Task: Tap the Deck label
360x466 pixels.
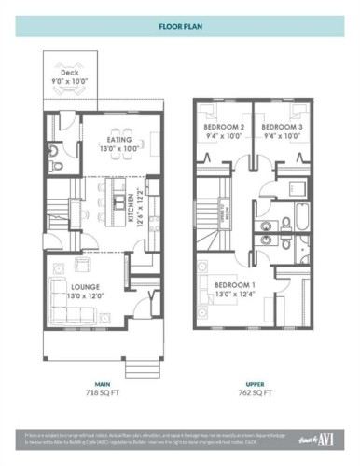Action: pos(70,72)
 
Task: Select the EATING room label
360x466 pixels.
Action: pos(118,139)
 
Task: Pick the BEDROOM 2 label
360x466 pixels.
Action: pos(223,126)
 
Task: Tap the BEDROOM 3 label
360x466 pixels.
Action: pos(281,126)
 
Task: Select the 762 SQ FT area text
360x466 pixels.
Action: pos(255,394)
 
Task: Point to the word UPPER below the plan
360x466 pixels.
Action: pos(255,383)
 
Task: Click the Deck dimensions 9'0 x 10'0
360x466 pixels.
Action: pos(70,81)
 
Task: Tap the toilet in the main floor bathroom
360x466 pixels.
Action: pos(56,166)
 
